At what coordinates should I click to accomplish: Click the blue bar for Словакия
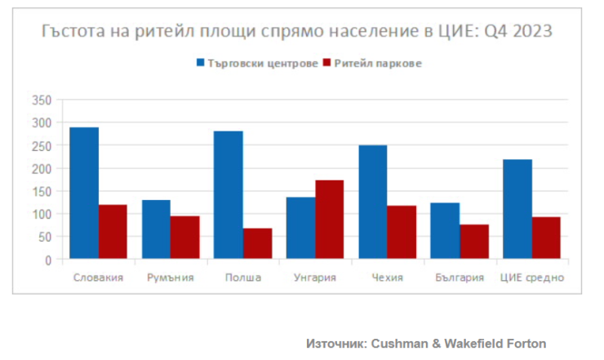tap(84, 193)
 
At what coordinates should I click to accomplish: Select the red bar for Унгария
tap(329, 220)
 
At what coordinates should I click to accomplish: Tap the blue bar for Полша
tap(228, 195)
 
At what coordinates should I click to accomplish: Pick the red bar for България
tap(473, 242)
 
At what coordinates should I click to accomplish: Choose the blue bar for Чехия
tap(372, 202)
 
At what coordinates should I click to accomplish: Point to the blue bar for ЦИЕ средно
tap(517, 209)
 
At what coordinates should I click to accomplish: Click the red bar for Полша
tap(257, 244)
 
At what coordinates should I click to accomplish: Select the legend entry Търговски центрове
tap(262, 63)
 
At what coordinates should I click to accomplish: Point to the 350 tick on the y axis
tap(41, 100)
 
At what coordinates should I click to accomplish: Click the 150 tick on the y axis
tap(41, 191)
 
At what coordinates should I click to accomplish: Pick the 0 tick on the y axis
tap(48, 260)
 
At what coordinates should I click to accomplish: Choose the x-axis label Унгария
tap(314, 278)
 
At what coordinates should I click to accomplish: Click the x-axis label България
tap(459, 278)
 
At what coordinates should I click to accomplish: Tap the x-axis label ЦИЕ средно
tap(531, 278)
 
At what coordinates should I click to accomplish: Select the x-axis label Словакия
tap(98, 278)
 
